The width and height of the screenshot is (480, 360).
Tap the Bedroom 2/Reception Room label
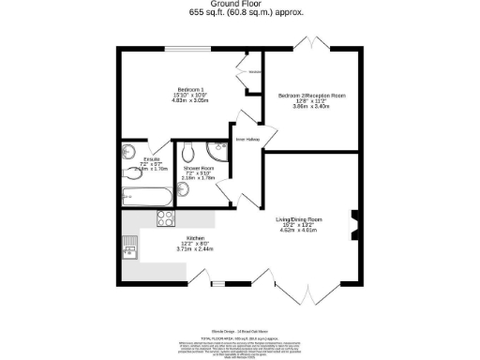point(312,96)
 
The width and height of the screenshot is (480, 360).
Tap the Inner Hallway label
point(247,141)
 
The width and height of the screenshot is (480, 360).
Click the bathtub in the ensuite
point(147,196)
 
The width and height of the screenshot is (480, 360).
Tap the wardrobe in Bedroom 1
point(253,72)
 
